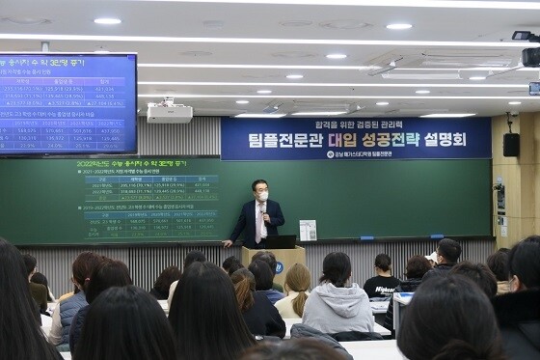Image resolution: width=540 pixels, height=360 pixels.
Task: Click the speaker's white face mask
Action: tap(261, 196)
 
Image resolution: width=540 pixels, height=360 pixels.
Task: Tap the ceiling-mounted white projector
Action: tap(169, 112)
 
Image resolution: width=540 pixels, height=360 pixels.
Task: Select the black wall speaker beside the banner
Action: tap(511, 145)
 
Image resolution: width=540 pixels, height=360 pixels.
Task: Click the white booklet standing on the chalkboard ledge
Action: tap(308, 230)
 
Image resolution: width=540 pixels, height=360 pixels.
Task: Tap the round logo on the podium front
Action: tap(278, 267)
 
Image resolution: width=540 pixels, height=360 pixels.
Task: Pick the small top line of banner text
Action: tap(356, 124)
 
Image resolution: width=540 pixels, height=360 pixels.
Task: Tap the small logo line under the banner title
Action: tap(358, 153)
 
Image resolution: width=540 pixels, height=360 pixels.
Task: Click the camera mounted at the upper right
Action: tap(528, 48)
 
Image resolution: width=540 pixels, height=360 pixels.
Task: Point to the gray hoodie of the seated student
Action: tap(337, 308)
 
